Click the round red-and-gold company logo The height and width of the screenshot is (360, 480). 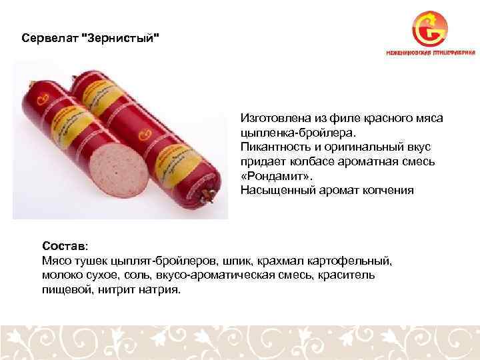point(429,28)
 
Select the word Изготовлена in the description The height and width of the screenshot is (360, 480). point(273,118)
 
